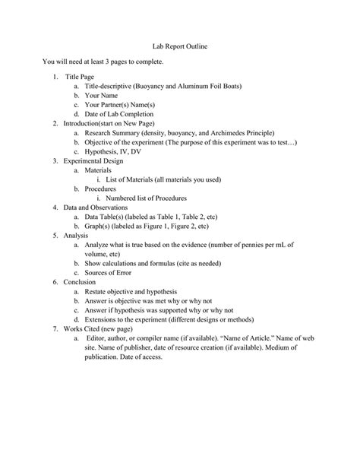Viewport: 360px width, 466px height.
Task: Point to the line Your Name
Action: pos(103,96)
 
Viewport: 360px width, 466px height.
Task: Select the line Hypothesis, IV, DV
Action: pos(114,151)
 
